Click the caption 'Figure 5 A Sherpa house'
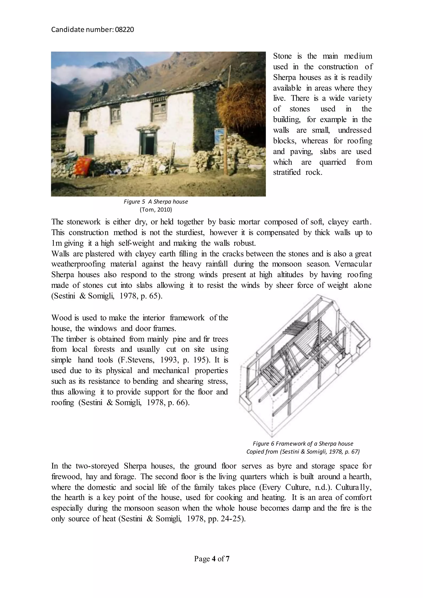pos(156,202)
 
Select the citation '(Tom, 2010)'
pos(156,209)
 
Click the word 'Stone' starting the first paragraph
pos(282,56)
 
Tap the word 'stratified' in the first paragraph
pos(287,172)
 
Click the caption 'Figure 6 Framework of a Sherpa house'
pos(303,444)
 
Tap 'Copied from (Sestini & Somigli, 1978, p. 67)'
pos(303,452)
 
